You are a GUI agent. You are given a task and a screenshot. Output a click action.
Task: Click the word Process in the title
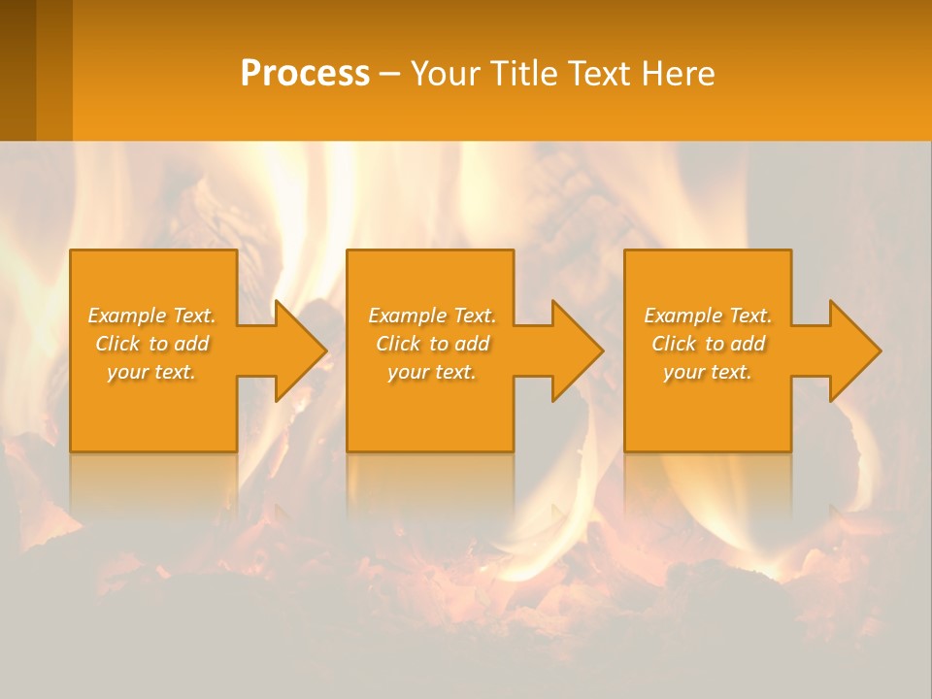coord(305,74)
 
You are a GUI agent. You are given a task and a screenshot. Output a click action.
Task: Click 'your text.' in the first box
coord(152,372)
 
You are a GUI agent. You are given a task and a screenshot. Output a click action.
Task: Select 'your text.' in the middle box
coord(432,372)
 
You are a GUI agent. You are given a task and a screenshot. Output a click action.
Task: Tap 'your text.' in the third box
coord(708,372)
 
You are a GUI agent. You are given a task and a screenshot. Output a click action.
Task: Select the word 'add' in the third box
coord(749,344)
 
